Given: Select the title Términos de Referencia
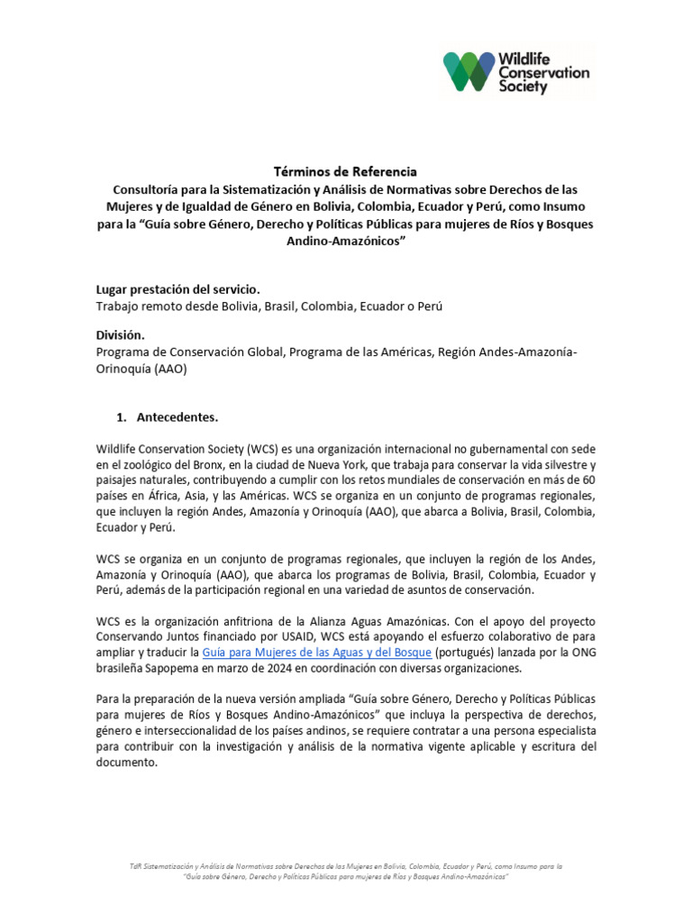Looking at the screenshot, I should pyautogui.click(x=346, y=171).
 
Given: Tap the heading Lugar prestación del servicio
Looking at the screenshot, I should pyautogui.click(x=178, y=288).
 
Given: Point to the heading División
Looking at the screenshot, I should pyautogui.click(x=120, y=334).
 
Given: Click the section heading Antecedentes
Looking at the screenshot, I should pyautogui.click(x=177, y=417).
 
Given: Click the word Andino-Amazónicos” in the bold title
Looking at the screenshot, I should pyautogui.click(x=346, y=241).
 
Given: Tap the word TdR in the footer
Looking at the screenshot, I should pyautogui.click(x=136, y=866).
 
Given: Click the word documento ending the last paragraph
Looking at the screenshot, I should pyautogui.click(x=127, y=762).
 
